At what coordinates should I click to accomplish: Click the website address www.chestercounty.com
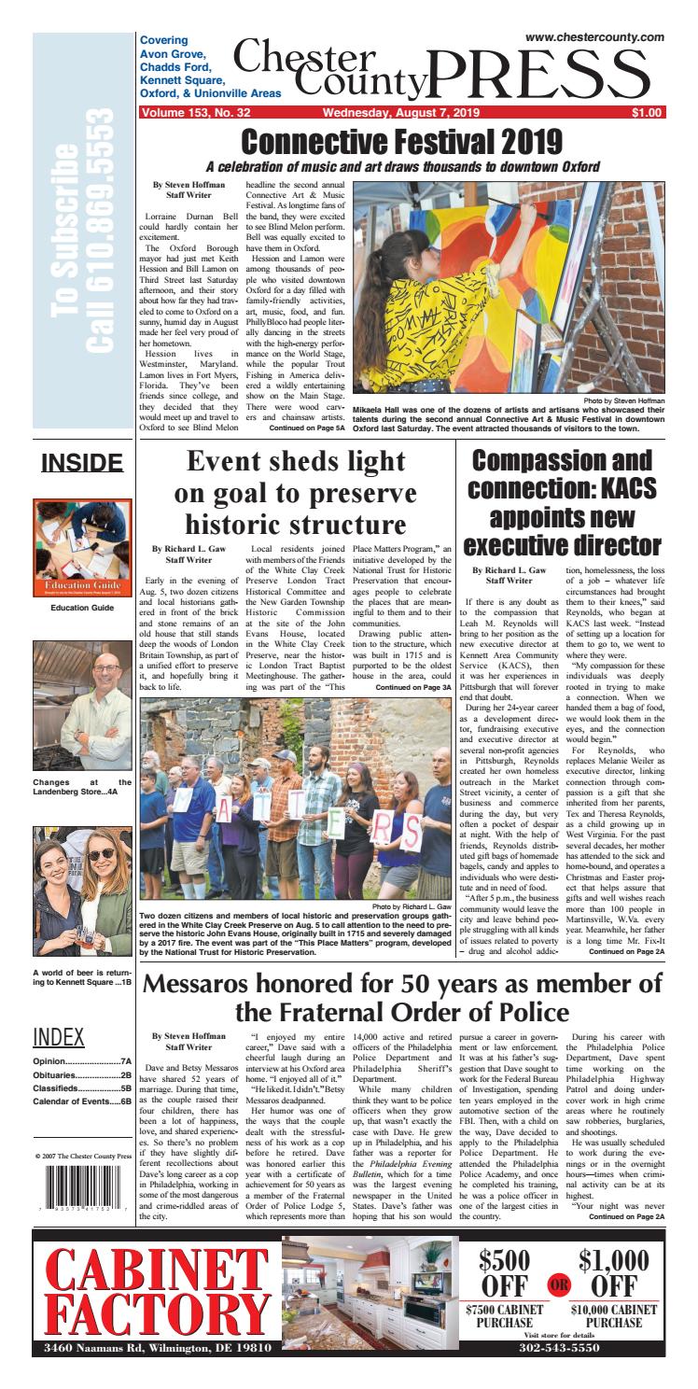(x=594, y=35)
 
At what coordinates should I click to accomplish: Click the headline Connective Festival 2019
(x=401, y=143)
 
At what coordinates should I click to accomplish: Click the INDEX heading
(x=59, y=1037)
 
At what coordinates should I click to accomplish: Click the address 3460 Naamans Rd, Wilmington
(x=163, y=1375)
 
